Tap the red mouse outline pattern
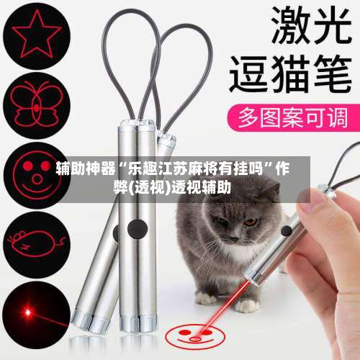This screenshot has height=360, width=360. (x=36, y=243)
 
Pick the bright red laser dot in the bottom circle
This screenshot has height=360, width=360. (x=28, y=312)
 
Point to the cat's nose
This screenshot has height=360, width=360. (x=233, y=238)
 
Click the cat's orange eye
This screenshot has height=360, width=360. (x=250, y=222)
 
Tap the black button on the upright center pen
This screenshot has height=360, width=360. (x=138, y=229)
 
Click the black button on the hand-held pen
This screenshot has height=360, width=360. (x=287, y=231)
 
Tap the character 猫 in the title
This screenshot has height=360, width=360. (x=291, y=73)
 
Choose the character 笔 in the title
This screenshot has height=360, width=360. (x=333, y=73)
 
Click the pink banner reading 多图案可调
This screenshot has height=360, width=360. (x=293, y=117)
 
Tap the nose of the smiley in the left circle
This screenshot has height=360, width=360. (x=37, y=179)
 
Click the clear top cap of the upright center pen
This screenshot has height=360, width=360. (x=137, y=123)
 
